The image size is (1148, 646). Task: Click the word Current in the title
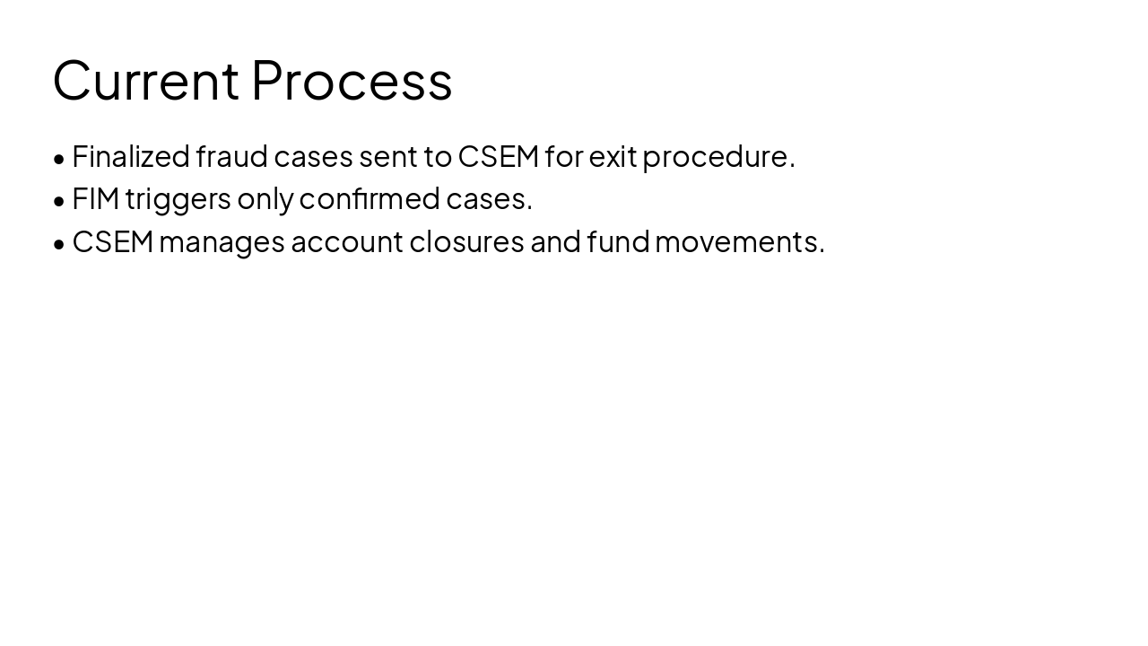(x=146, y=80)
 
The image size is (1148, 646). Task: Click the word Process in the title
(x=352, y=80)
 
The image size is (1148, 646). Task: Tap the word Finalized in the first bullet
(x=131, y=156)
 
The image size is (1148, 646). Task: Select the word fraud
(x=231, y=156)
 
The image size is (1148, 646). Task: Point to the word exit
(x=613, y=156)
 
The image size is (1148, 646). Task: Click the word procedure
(x=717, y=157)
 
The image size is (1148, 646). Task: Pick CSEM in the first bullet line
(x=499, y=156)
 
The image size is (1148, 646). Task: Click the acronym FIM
(x=95, y=198)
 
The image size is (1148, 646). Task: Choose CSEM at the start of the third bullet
(x=113, y=241)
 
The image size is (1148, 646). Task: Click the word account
(x=347, y=241)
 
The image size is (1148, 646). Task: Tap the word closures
(x=466, y=241)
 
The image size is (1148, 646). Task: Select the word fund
(x=618, y=241)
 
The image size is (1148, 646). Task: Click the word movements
(x=738, y=241)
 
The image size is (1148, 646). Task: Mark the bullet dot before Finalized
(x=59, y=159)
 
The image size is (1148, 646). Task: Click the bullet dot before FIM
(x=59, y=201)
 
